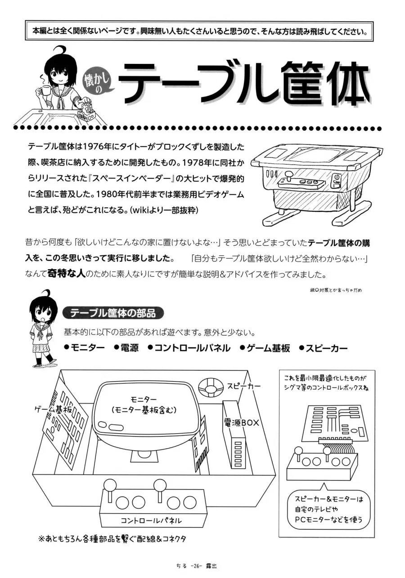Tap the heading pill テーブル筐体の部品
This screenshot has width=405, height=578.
(x=113, y=313)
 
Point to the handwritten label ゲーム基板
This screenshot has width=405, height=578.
(x=53, y=409)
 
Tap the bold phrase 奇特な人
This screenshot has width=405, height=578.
(x=66, y=274)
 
